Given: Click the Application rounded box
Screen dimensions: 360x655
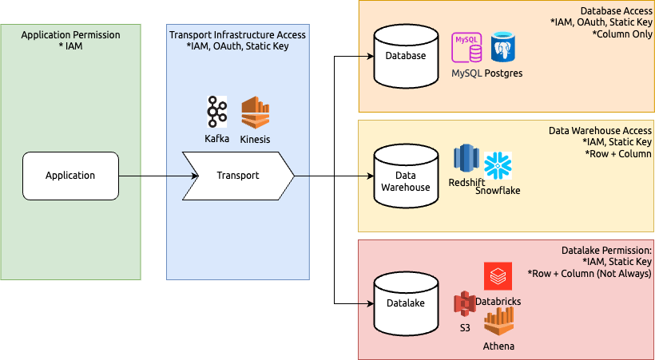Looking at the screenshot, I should (x=70, y=176).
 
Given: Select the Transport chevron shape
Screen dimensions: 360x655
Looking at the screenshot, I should (x=238, y=176).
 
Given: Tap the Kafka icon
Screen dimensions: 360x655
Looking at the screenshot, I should (x=216, y=113).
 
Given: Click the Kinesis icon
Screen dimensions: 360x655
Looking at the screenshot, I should (x=256, y=113).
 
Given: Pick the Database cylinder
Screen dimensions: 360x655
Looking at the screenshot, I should (x=405, y=57).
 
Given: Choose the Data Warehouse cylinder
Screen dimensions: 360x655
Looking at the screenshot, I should (x=405, y=176).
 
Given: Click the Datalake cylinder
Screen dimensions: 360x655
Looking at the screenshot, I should (x=405, y=303).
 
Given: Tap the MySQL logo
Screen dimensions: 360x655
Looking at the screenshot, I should (x=467, y=48).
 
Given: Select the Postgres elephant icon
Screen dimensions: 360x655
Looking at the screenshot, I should (x=505, y=48).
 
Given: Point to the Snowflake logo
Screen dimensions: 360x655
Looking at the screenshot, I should (x=498, y=165).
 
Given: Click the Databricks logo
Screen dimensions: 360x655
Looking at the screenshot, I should (x=498, y=276).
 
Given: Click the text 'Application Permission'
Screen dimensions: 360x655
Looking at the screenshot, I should (x=70, y=35).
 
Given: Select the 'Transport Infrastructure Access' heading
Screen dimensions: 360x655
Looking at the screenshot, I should (x=237, y=35).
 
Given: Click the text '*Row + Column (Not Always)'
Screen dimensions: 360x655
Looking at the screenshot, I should (x=589, y=273).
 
